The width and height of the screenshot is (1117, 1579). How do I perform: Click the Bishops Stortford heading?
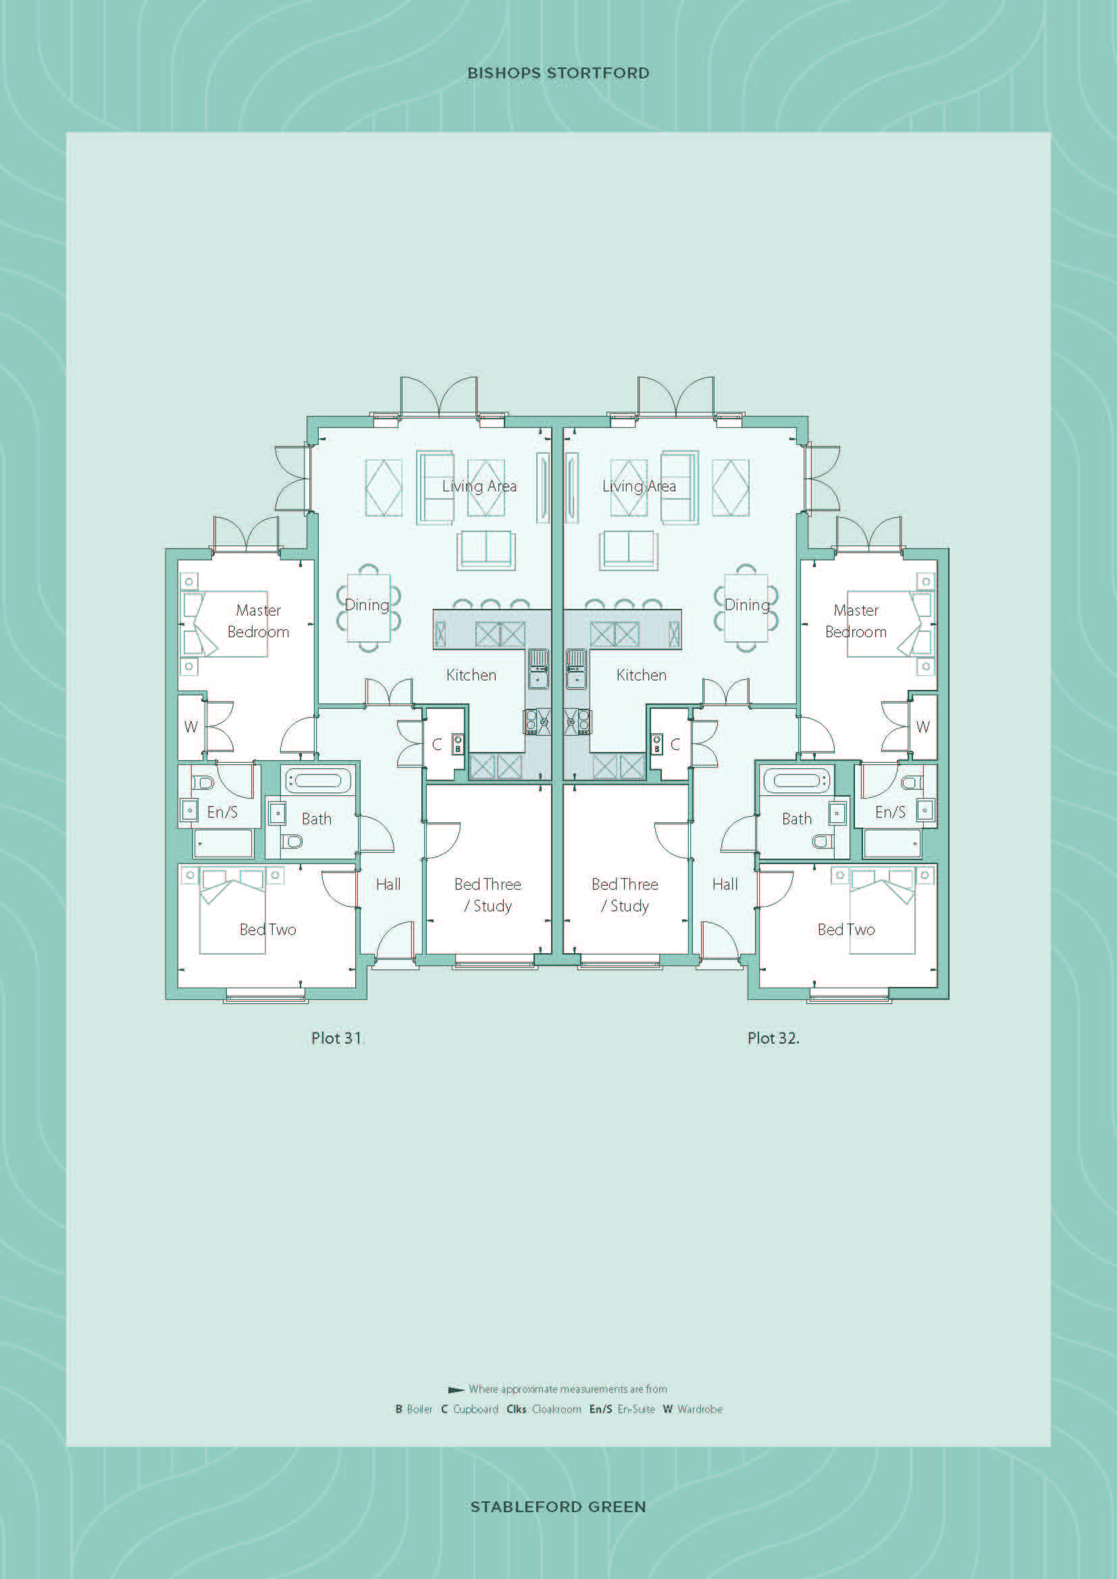(x=558, y=73)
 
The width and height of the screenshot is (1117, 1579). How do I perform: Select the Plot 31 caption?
(x=336, y=1038)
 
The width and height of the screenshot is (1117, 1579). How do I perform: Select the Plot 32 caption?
(x=773, y=1038)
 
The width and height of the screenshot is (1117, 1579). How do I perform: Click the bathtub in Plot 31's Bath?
(x=318, y=780)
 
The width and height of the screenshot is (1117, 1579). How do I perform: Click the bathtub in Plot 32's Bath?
(x=796, y=780)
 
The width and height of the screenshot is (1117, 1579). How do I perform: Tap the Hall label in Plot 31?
(x=388, y=884)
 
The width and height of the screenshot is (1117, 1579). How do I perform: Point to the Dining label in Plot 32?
(x=747, y=605)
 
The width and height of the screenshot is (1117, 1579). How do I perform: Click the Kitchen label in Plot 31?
(x=471, y=675)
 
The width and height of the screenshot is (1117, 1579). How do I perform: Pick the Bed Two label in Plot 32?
(x=846, y=930)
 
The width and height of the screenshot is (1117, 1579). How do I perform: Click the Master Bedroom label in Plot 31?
(x=258, y=621)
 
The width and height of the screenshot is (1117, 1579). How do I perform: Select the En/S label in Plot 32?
(x=890, y=812)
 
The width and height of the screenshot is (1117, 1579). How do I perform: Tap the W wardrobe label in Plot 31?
(x=190, y=727)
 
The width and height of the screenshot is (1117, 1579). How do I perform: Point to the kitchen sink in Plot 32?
(x=575, y=668)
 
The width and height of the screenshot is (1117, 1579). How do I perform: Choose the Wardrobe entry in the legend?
(x=693, y=1409)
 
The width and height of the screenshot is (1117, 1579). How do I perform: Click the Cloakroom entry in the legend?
(x=544, y=1409)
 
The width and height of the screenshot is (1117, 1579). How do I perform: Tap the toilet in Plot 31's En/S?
(x=203, y=782)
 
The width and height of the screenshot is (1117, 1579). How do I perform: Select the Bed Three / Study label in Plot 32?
(x=625, y=894)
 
